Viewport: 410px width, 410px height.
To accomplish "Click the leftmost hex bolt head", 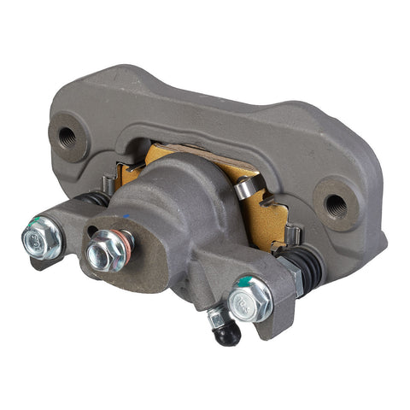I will [40, 237].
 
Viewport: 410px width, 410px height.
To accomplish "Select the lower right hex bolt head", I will [249, 298].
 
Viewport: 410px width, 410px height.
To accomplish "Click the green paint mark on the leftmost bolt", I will [32, 225].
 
